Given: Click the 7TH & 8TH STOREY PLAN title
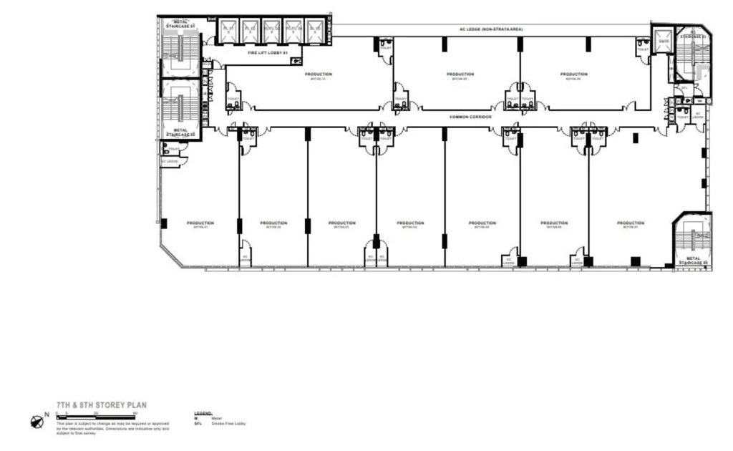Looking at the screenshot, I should point(102,404).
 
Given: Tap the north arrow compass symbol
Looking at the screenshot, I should point(37,422).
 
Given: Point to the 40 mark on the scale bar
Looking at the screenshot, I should point(135,414).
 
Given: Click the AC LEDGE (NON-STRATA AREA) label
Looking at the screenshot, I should point(491,29).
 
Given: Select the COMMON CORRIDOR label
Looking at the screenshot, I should point(470,116).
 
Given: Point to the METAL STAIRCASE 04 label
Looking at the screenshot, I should point(693,261).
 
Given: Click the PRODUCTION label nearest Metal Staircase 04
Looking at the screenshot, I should point(631,223).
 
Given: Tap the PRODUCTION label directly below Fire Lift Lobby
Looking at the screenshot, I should point(317,75).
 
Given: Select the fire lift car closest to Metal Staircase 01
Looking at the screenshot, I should point(228,29).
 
